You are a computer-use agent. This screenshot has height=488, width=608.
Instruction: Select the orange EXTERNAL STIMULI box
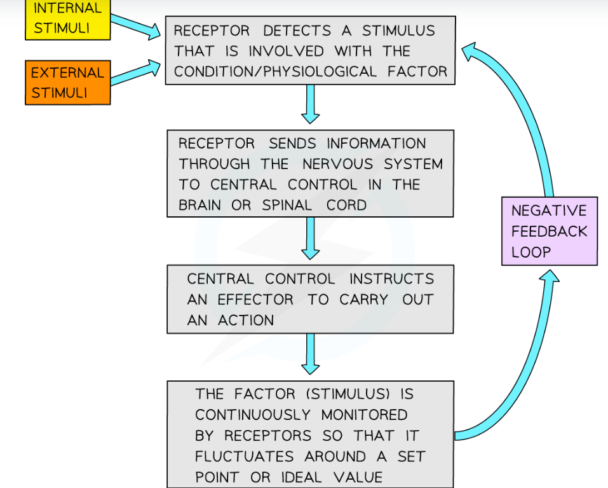67,82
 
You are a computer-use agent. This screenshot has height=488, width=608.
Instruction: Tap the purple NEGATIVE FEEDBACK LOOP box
549,231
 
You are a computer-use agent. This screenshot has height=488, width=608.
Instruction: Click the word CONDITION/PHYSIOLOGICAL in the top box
275,72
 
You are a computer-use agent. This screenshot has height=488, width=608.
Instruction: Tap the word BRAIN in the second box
201,205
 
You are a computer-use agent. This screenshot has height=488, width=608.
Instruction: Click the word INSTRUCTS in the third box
391,279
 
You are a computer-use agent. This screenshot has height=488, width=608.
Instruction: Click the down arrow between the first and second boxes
310,104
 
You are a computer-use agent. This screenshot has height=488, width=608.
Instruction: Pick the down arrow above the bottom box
310,354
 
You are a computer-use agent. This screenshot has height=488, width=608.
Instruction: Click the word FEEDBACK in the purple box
549,231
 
